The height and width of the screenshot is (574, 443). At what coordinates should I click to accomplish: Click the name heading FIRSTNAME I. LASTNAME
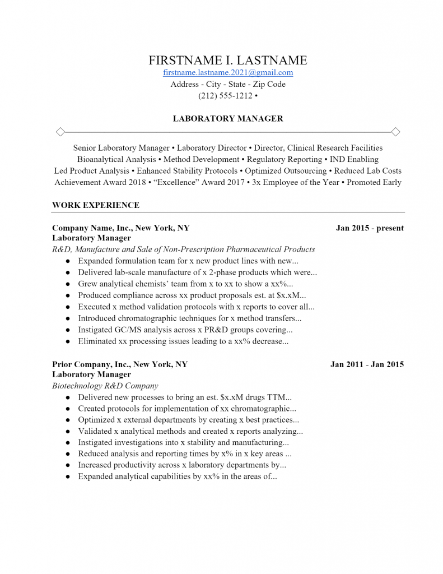[227, 60]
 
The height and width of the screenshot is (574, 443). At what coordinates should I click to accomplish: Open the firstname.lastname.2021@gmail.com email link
[227, 73]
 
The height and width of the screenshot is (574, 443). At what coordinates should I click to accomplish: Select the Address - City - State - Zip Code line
[227, 84]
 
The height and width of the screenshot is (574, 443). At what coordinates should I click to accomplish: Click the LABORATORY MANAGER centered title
[227, 119]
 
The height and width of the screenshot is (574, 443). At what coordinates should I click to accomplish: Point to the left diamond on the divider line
[60, 132]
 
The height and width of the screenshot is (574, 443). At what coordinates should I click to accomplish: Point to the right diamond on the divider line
[395, 132]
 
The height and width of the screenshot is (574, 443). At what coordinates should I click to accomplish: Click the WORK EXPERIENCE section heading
[96, 205]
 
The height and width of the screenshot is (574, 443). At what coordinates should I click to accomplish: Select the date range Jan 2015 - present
[370, 228]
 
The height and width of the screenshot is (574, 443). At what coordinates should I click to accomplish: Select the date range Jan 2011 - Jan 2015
[367, 364]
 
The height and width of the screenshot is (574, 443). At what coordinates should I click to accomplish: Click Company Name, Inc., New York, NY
[120, 228]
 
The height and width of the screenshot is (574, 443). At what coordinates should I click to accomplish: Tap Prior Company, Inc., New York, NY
[120, 364]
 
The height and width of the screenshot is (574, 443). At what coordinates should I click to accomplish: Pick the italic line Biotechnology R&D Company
[105, 386]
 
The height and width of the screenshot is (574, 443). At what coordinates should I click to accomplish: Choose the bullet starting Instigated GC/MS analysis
[185, 330]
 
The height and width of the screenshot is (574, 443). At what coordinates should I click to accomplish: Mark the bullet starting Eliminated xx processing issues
[183, 341]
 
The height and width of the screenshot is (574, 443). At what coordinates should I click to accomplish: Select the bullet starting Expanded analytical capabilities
[178, 476]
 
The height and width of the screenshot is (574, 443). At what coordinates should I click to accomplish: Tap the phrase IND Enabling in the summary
[354, 159]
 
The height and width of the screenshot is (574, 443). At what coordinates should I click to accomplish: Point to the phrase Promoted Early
[374, 182]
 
